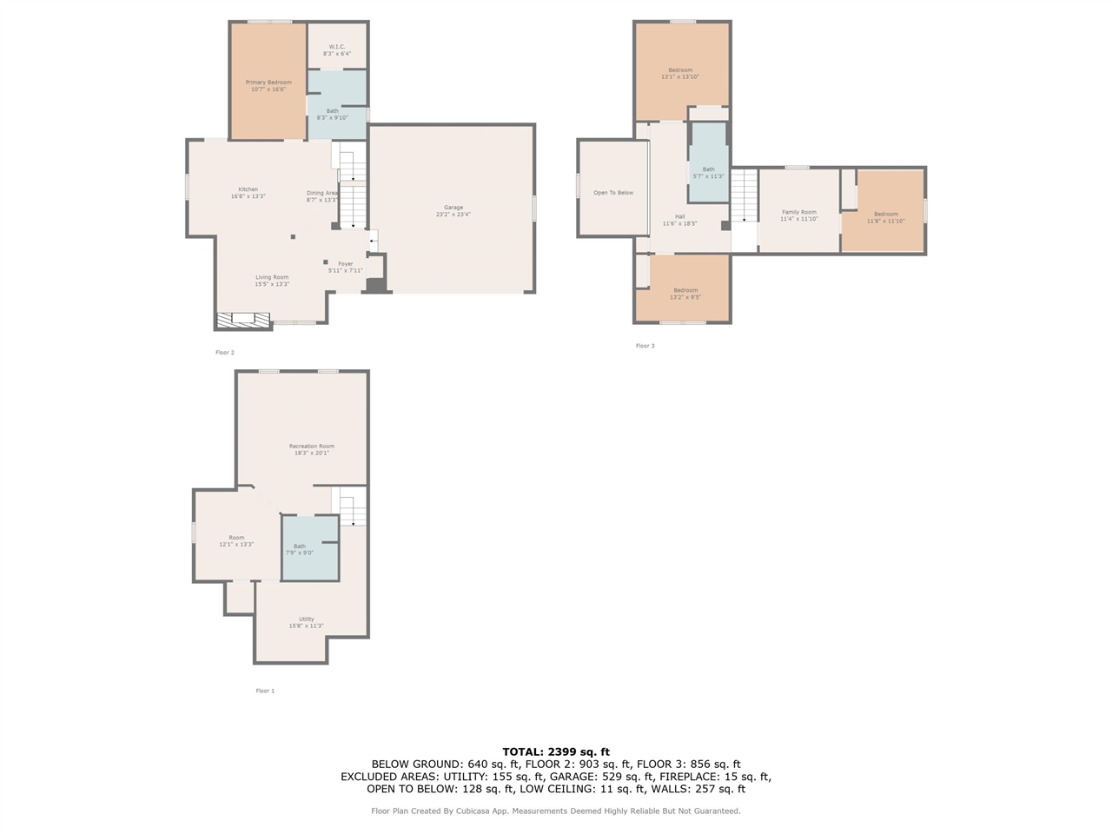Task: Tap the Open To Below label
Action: (613, 192)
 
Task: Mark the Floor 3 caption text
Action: (645, 346)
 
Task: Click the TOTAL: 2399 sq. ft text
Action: (556, 751)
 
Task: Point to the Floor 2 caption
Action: (225, 352)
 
